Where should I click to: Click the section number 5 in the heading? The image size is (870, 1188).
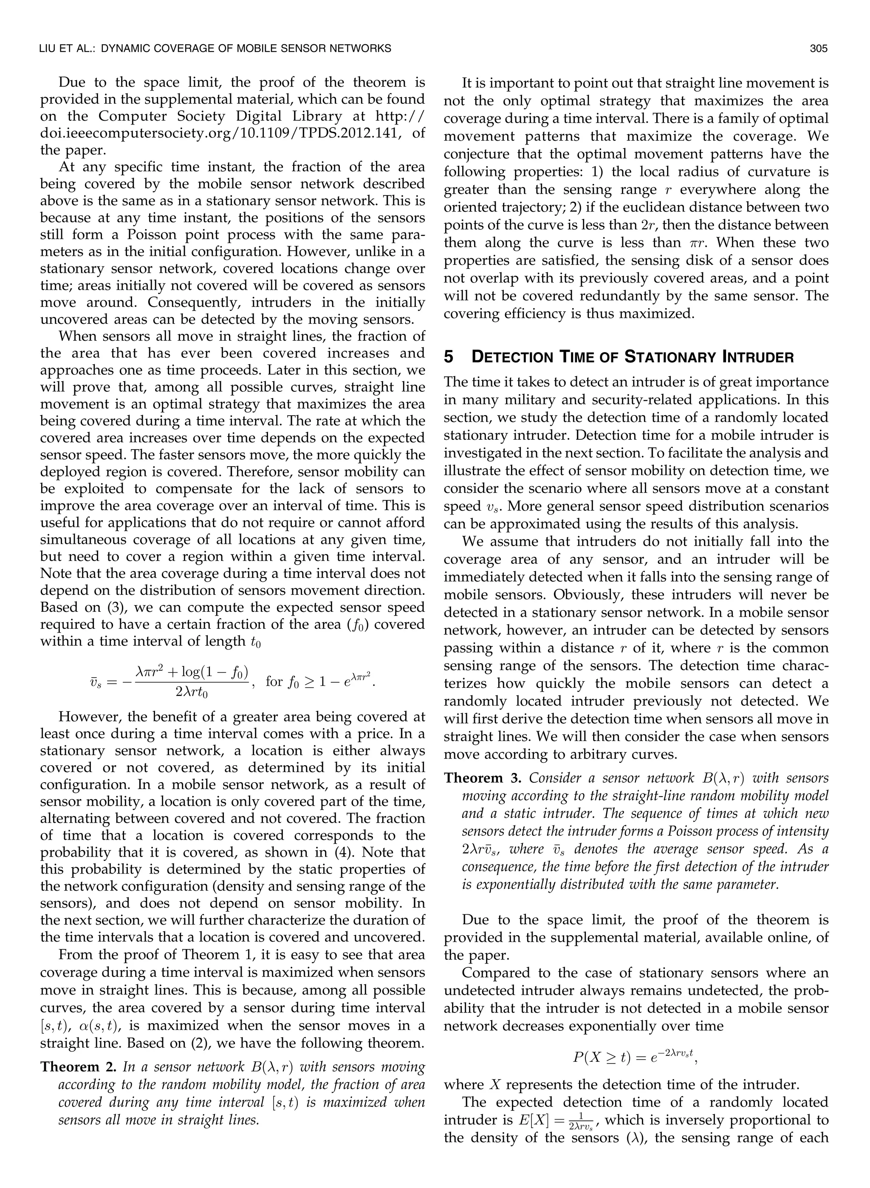[448, 358]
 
